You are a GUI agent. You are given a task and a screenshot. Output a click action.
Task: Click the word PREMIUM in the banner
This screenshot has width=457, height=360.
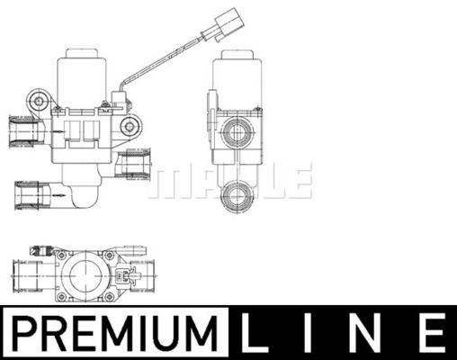click(116, 333)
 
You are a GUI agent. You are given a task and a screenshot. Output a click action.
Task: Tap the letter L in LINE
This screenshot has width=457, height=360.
click(253, 333)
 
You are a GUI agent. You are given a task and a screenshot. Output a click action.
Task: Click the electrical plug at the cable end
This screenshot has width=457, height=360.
click(228, 24)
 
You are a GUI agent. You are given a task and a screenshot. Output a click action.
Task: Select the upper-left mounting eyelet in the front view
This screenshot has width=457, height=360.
click(39, 101)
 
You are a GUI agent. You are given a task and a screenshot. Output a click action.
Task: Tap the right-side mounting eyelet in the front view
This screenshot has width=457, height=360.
click(130, 126)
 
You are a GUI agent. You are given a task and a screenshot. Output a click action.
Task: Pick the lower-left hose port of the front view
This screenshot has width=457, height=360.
click(33, 195)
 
